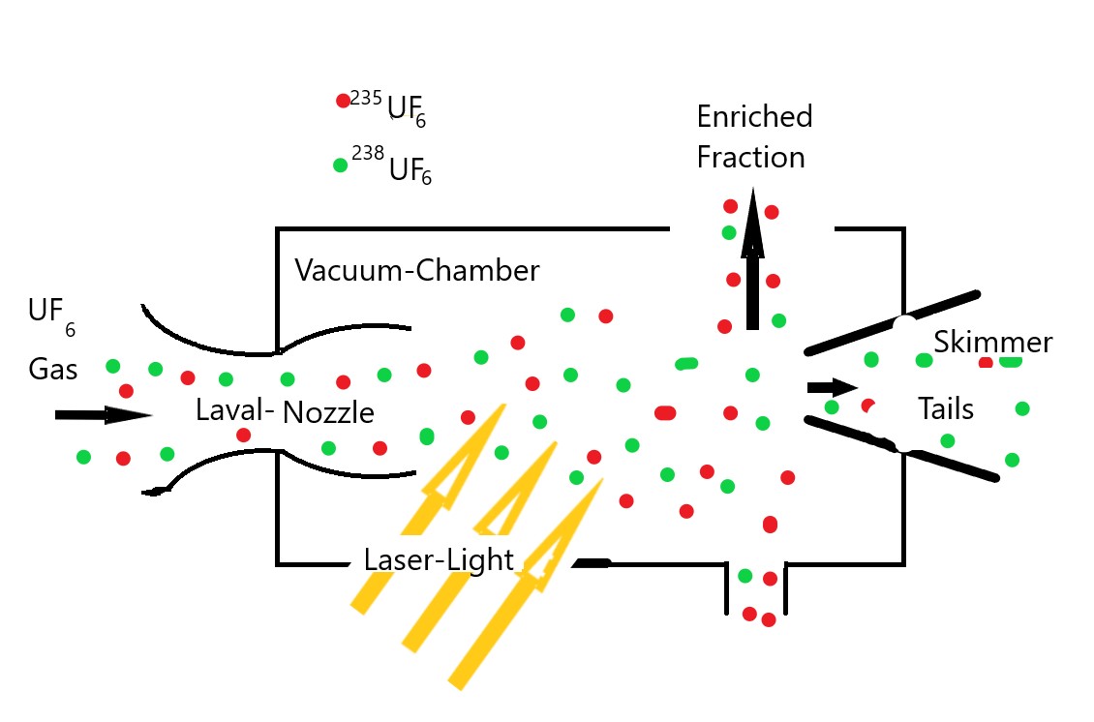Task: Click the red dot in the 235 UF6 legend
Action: tap(343, 101)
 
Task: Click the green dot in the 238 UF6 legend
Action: tap(340, 165)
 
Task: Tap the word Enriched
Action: tap(754, 117)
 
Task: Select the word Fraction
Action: tap(750, 157)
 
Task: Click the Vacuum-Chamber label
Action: tap(416, 271)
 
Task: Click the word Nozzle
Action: tap(328, 413)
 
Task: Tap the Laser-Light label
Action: tap(439, 559)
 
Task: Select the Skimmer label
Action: tap(992, 343)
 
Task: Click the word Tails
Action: tap(945, 409)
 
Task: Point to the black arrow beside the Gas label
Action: tap(103, 415)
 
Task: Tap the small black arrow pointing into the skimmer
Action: tap(831, 388)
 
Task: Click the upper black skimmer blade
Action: tap(891, 322)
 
